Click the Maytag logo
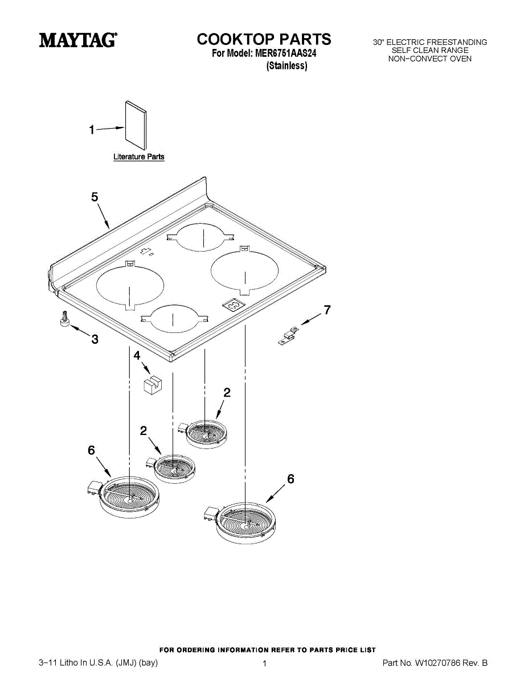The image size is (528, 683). point(78,40)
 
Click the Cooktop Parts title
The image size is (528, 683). point(264,39)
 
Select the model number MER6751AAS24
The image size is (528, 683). point(285,54)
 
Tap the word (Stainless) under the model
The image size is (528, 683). point(287,66)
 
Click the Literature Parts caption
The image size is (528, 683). point(139,157)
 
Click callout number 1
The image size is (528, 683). point(91,130)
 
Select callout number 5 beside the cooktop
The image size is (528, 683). point(95,197)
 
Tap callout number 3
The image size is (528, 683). point(95,340)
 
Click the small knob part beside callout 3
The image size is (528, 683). point(65,320)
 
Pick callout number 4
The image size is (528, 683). point(137,355)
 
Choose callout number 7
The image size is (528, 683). point(327,310)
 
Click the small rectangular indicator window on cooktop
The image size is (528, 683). point(233,306)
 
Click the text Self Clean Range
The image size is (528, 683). point(429,51)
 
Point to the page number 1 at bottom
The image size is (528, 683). point(265,664)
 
